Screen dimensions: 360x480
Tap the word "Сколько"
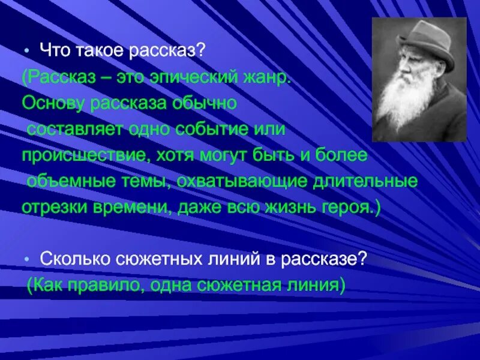(68, 259)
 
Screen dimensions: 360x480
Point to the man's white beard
(408, 108)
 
